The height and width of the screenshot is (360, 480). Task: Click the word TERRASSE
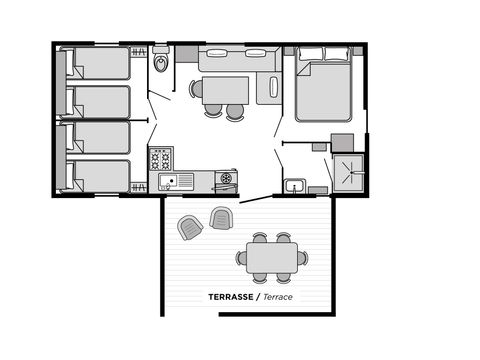click(x=230, y=297)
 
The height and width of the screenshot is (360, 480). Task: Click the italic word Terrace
click(x=279, y=297)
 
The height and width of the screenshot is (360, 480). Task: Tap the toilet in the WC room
click(x=161, y=64)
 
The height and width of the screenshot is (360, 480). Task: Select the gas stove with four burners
click(x=161, y=158)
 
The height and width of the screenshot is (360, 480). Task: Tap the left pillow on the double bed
click(x=310, y=56)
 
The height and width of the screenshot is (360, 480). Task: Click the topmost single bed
click(x=98, y=64)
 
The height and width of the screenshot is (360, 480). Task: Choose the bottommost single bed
click(x=98, y=175)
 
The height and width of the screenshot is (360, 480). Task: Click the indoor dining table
click(x=226, y=90)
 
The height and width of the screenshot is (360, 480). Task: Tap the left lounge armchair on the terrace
click(x=189, y=228)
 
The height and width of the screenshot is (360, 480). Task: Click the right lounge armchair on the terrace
click(x=220, y=217)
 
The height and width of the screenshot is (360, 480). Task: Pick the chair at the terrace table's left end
click(x=241, y=257)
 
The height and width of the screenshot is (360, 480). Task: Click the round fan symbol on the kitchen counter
click(x=227, y=178)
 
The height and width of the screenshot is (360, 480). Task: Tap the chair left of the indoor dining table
click(x=197, y=89)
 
